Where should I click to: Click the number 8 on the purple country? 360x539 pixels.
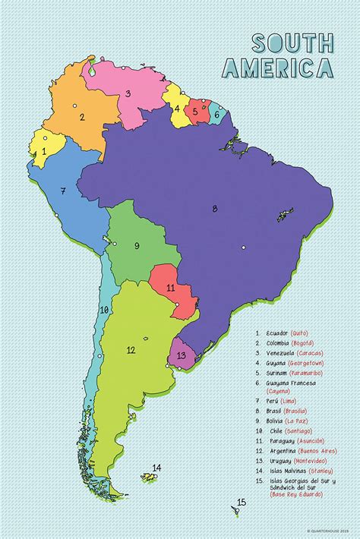coord(215,209)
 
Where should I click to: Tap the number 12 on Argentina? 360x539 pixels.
coord(131,350)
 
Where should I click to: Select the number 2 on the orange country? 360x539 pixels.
coord(81,117)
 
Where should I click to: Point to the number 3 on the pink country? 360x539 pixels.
coord(128,94)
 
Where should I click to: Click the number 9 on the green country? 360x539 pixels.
coord(137,245)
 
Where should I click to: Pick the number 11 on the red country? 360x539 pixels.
coord(171,288)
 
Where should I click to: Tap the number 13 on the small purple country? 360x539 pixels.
coord(181,355)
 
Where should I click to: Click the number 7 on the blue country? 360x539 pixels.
coord(63,191)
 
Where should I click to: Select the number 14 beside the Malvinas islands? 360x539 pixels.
coord(156,468)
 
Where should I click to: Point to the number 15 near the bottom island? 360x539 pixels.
coord(242,502)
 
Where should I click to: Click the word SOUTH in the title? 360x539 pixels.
coord(292,43)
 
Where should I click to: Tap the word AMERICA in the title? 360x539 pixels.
coord(278,68)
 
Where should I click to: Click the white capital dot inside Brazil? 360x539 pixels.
coord(244,247)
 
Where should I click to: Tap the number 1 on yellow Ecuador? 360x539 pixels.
coord(45,151)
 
